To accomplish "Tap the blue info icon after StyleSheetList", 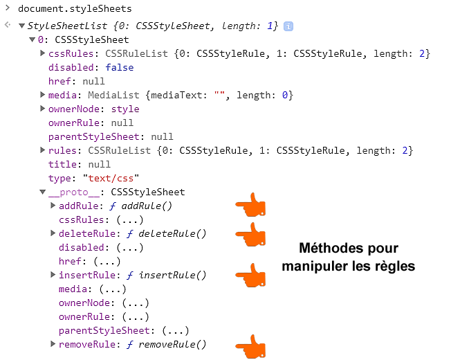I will click(288, 26).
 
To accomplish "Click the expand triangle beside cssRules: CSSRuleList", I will click(44, 53).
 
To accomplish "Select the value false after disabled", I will click(120, 67).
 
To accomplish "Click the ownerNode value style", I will click(125, 109).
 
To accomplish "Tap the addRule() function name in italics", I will click(147, 206).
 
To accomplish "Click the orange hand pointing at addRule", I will click(250, 206).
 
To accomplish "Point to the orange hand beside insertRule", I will click(250, 275).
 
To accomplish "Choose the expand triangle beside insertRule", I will click(54, 275).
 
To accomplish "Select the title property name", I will click(62, 164).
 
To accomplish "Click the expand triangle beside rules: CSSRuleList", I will click(44, 150).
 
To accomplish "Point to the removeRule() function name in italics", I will click(172, 344).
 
